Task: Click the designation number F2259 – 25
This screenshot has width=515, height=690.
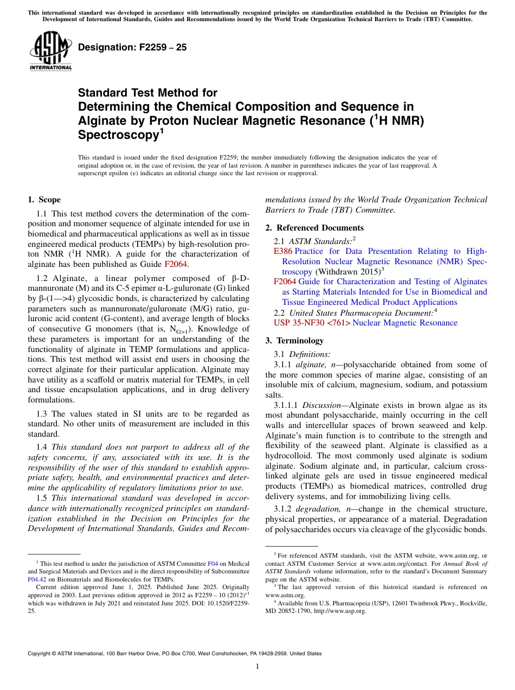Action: [x=132, y=47]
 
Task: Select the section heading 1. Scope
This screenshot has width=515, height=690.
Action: [x=44, y=200]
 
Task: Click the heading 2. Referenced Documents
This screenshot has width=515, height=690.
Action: [x=314, y=227]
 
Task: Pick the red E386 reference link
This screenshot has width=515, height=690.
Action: [x=283, y=251]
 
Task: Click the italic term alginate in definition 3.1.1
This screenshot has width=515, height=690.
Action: [x=310, y=364]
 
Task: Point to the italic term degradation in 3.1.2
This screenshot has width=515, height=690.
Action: [x=315, y=509]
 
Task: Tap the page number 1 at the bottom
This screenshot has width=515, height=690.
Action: [x=257, y=666]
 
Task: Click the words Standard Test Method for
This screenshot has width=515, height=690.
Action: [x=147, y=93]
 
